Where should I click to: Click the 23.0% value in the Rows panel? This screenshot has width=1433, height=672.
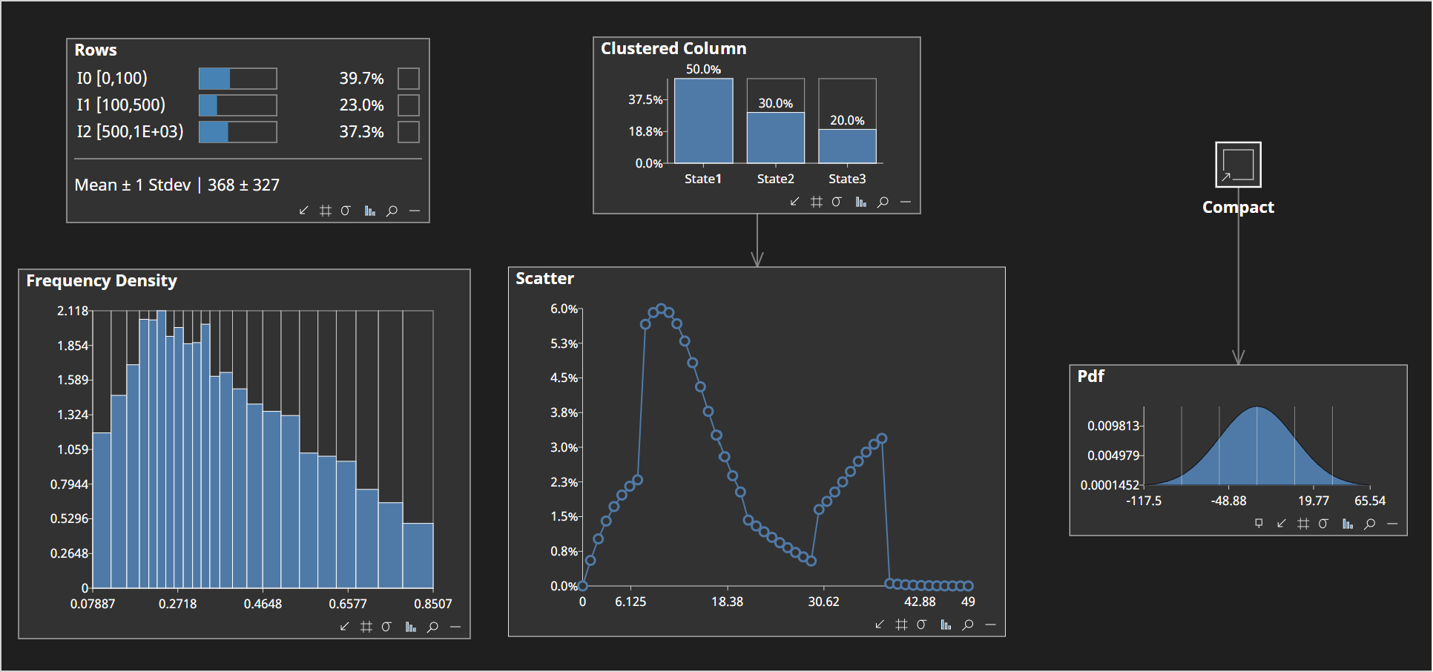pyautogui.click(x=361, y=105)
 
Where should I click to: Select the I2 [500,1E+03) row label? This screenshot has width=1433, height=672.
pyautogui.click(x=130, y=132)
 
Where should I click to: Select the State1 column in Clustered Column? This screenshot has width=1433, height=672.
pyautogui.click(x=703, y=121)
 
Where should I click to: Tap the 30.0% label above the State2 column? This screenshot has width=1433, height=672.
pyautogui.click(x=775, y=104)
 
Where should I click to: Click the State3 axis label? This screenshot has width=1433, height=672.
pyautogui.click(x=847, y=179)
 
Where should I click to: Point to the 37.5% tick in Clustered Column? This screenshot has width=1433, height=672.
pyautogui.click(x=645, y=99)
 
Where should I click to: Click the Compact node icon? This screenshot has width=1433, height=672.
pyautogui.click(x=1238, y=165)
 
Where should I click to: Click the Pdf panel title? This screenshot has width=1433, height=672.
pyautogui.click(x=1090, y=376)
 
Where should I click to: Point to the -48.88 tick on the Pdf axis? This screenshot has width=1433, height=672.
pyautogui.click(x=1228, y=501)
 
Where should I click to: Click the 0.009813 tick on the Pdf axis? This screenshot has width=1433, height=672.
pyautogui.click(x=1113, y=426)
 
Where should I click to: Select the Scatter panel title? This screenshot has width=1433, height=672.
pyautogui.click(x=544, y=279)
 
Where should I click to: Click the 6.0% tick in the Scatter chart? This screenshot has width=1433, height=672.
pyautogui.click(x=564, y=309)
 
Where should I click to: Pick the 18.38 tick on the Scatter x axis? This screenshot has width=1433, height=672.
pyautogui.click(x=727, y=602)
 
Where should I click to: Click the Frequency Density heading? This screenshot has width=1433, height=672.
pyautogui.click(x=102, y=281)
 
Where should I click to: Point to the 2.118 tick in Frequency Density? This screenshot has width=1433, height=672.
pyautogui.click(x=73, y=311)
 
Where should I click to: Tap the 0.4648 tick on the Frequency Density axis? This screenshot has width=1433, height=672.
pyautogui.click(x=263, y=604)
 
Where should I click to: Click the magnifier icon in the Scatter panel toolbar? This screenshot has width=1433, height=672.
pyautogui.click(x=967, y=625)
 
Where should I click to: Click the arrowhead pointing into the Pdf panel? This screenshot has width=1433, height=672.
pyautogui.click(x=1238, y=358)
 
